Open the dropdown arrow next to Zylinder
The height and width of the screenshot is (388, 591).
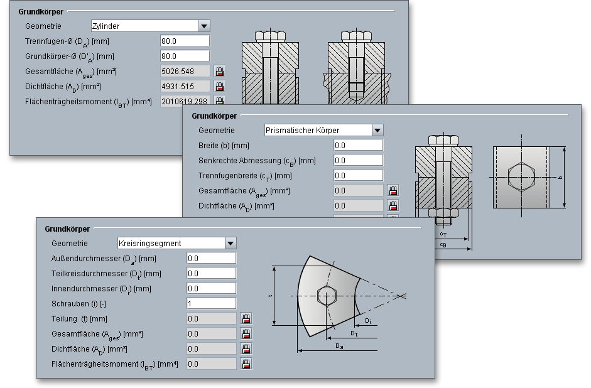pyautogui.click(x=204, y=26)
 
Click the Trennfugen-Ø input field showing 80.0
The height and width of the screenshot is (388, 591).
pyautogui.click(x=185, y=41)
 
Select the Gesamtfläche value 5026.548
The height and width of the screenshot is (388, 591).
pyautogui.click(x=185, y=71)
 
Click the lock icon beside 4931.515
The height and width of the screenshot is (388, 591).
pyautogui.click(x=220, y=86)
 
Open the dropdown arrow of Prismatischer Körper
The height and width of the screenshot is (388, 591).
pyautogui.click(x=377, y=131)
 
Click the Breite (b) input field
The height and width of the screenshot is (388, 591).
pyautogui.click(x=358, y=145)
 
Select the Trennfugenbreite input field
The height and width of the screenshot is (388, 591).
pyautogui.click(x=358, y=175)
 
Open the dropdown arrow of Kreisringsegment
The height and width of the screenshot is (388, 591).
pyautogui.click(x=230, y=243)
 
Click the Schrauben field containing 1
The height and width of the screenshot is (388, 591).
pyautogui.click(x=211, y=303)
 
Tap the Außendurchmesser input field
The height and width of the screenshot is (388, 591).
pyautogui.click(x=211, y=258)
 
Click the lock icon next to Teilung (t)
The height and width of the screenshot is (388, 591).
pyautogui.click(x=246, y=318)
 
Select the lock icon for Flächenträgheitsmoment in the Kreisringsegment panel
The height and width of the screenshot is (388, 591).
pyautogui.click(x=246, y=364)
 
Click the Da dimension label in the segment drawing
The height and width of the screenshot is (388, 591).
pyautogui.click(x=339, y=346)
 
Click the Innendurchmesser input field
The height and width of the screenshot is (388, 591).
pyautogui.click(x=211, y=288)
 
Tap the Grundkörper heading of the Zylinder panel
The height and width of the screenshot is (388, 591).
pyautogui.click(x=40, y=11)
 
